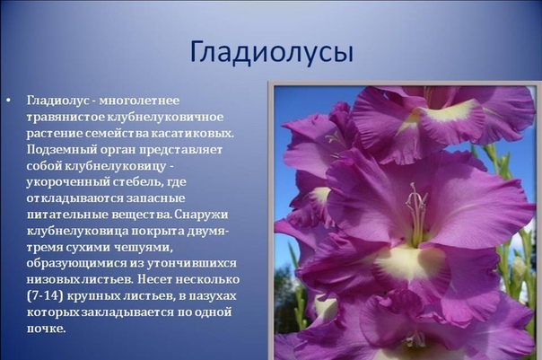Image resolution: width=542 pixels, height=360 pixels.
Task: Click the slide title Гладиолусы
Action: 272,53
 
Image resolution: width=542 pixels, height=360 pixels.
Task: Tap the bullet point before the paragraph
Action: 8,101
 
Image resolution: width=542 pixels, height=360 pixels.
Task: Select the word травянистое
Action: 66,117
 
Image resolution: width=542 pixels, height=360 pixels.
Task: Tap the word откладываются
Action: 75,198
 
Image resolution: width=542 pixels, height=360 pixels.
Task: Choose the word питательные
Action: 68,215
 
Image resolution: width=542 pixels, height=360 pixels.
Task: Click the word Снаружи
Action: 201,215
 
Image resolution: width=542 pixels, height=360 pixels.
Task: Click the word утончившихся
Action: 192,264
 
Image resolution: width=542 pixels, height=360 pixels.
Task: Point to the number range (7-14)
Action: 45,296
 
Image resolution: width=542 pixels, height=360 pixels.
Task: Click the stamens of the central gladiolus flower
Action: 417,215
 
